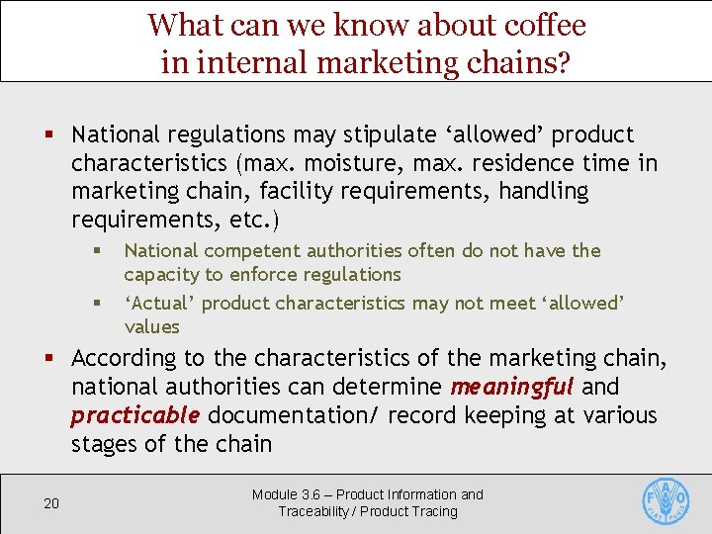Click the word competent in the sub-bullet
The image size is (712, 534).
[x=251, y=251]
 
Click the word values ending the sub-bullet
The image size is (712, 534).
[x=152, y=326]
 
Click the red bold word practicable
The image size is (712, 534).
[x=135, y=415]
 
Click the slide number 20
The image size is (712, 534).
[x=51, y=504]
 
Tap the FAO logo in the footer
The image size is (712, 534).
[x=666, y=502]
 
